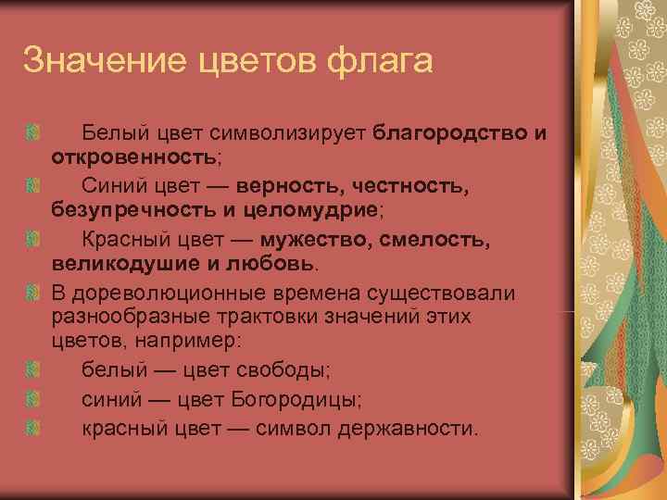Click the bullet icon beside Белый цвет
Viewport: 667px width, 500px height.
[32, 132]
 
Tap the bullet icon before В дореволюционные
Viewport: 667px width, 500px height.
[32, 294]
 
